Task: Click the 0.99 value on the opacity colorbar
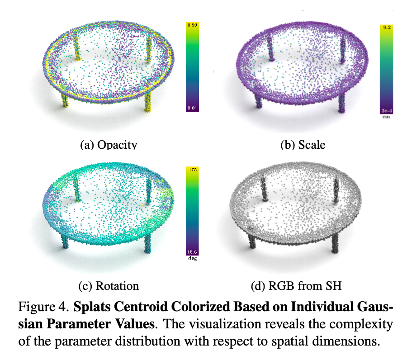coord(193,25)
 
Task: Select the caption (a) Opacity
coord(109,145)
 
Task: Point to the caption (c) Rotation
coord(109,286)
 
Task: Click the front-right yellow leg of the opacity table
coord(148,102)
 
